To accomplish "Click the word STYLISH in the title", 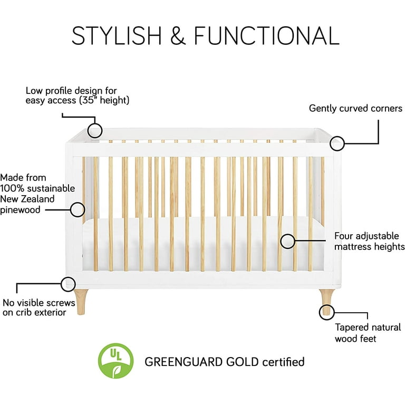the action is [x=117, y=35].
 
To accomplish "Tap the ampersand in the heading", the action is [x=178, y=35].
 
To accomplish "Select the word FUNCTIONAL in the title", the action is [x=266, y=35].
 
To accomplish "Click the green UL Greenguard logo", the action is [x=115, y=361].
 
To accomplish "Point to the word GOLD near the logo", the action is [x=242, y=362].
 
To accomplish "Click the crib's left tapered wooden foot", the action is [x=81, y=302].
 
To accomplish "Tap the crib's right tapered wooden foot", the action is [x=327, y=302].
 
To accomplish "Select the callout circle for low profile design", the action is [x=88, y=130].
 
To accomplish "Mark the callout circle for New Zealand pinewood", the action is [x=71, y=209].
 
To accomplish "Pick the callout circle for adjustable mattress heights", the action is [x=281, y=241].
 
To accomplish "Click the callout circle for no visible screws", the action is [x=61, y=284].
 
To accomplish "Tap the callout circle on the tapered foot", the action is [x=320, y=312].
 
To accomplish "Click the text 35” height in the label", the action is [x=104, y=100].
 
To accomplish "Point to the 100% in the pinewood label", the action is [x=12, y=188].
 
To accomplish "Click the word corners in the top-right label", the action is [x=387, y=109].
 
